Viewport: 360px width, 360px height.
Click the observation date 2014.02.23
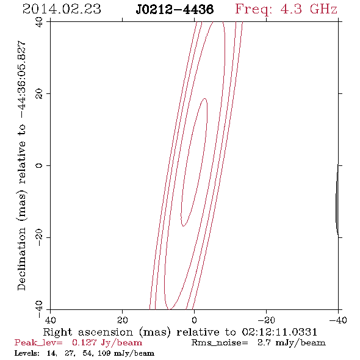point(62,9)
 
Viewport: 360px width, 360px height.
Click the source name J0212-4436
point(175,10)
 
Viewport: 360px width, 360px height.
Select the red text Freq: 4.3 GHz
point(286,10)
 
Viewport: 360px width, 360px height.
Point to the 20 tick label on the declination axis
point(39,94)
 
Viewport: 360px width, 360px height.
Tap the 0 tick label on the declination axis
point(39,165)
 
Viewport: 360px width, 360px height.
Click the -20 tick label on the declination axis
point(39,237)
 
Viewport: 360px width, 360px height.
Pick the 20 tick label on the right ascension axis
point(123,320)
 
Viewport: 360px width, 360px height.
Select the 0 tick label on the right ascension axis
point(195,320)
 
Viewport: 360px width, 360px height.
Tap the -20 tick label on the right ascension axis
point(266,320)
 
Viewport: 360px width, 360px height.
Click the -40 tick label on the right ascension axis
point(338,320)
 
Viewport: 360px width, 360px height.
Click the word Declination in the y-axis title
point(21,259)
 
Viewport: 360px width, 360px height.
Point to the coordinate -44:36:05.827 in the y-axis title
point(21,79)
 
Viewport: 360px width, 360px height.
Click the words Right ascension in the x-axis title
point(88,332)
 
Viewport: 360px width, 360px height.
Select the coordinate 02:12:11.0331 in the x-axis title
point(279,332)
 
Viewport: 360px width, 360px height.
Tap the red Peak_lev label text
point(38,343)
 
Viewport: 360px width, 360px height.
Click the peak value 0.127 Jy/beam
point(107,343)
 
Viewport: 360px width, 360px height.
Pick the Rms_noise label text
point(220,343)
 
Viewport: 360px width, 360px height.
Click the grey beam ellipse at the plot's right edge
point(337,200)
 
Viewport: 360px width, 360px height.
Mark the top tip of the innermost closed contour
point(204,98)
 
